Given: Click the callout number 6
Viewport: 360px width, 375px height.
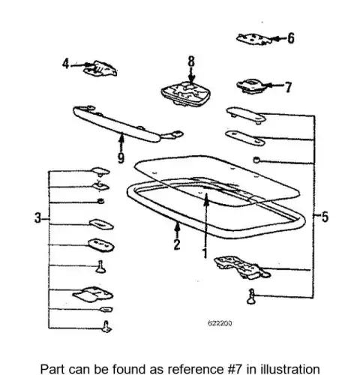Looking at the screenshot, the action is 291,38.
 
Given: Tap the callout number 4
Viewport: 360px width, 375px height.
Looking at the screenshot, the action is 65,64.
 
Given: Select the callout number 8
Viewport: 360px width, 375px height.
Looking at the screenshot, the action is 191,61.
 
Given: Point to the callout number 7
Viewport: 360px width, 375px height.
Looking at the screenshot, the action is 288,87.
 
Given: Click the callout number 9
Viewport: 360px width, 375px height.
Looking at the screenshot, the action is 121,157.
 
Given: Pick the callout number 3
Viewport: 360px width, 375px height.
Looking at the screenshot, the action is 37,217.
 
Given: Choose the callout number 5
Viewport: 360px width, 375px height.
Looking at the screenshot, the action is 325,217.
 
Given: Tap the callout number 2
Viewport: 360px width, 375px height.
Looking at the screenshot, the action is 177,244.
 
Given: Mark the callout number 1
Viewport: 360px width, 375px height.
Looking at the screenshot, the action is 205,253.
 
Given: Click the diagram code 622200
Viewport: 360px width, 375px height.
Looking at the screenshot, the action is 220,323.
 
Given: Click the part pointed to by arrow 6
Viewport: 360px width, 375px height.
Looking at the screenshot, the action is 253,39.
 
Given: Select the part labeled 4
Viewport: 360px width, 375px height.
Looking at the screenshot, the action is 100,68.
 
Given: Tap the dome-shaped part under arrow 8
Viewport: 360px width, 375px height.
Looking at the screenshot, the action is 186,93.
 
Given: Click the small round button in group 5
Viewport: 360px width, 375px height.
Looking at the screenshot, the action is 256,160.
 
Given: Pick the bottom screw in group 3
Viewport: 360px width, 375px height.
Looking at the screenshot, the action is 106,326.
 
